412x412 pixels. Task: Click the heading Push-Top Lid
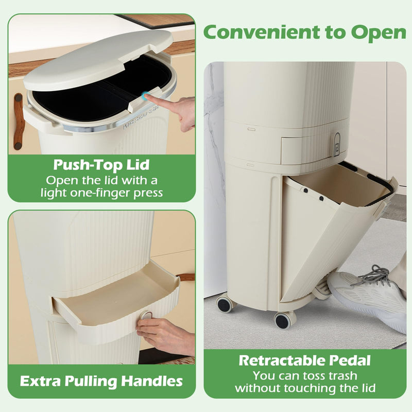click(101, 166)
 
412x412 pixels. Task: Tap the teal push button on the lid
click(146, 95)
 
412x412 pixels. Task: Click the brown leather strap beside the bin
click(19, 122)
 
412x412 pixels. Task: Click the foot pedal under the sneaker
click(321, 291)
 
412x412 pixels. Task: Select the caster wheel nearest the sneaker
click(283, 320)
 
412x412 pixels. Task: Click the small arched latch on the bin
click(336, 144)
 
